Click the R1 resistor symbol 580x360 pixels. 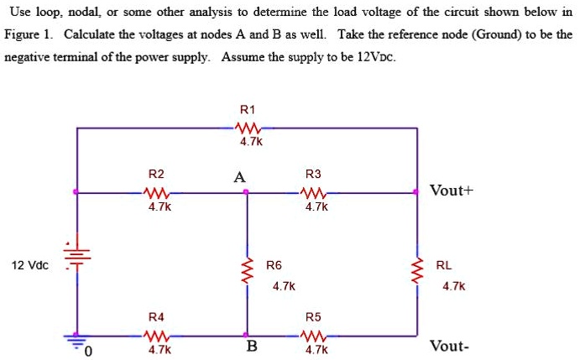248,128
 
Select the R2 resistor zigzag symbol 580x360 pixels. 157,192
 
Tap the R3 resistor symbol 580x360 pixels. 314,192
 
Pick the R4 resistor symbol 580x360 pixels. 157,334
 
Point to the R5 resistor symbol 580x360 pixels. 314,334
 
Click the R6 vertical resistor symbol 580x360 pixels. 247,270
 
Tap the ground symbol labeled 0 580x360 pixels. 78,341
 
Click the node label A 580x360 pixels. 241,177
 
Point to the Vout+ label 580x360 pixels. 452,190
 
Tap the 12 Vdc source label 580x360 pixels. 30,266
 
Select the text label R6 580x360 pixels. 274,265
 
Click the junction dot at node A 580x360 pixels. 246,192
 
